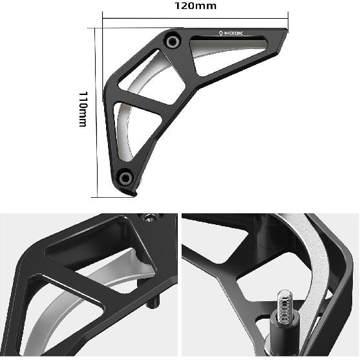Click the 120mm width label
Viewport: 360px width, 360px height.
click(x=196, y=6)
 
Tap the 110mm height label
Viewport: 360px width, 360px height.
click(x=83, y=109)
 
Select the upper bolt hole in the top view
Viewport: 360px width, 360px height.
click(x=172, y=41)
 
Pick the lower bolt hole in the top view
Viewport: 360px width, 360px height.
click(x=125, y=176)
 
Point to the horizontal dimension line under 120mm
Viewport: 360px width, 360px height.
click(x=194, y=19)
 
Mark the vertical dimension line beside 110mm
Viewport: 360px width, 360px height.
click(x=96, y=110)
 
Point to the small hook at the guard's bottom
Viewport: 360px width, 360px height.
click(x=134, y=193)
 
